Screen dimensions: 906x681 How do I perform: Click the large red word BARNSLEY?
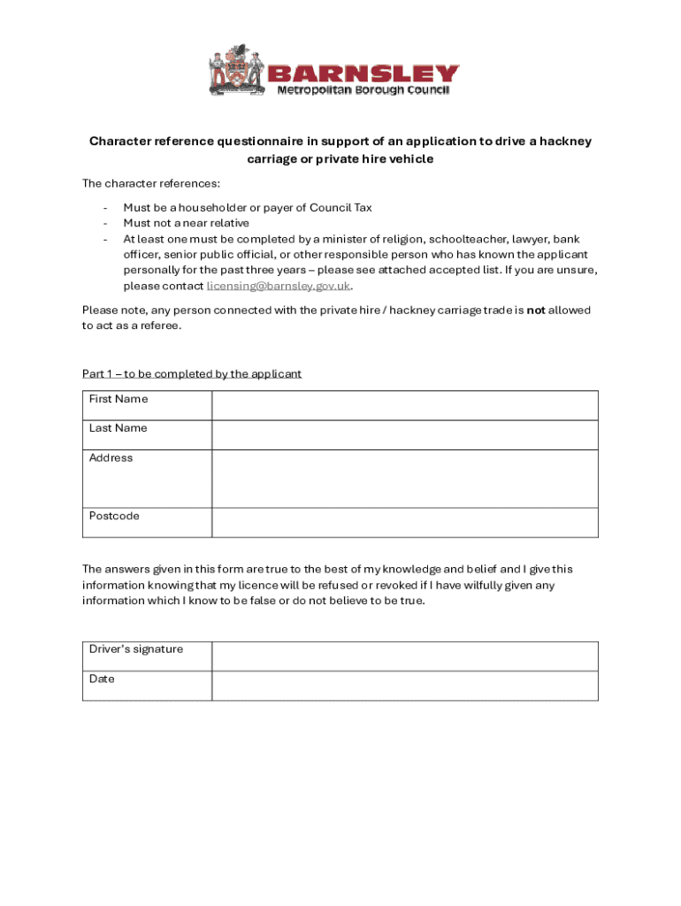click(363, 73)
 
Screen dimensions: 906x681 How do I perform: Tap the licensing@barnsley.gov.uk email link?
click(279, 287)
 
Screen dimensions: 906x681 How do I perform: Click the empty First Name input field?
click(404, 405)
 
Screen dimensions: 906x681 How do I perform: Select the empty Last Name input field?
click(404, 434)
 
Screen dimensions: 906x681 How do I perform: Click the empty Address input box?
click(404, 478)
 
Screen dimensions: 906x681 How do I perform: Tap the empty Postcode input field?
click(404, 522)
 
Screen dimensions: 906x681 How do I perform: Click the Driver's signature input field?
click(404, 656)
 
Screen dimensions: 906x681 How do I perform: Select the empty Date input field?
click(404, 686)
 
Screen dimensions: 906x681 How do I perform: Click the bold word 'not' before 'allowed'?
click(535, 311)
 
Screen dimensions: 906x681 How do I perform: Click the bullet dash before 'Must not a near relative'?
click(105, 224)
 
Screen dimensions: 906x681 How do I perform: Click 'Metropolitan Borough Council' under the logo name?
click(363, 90)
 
